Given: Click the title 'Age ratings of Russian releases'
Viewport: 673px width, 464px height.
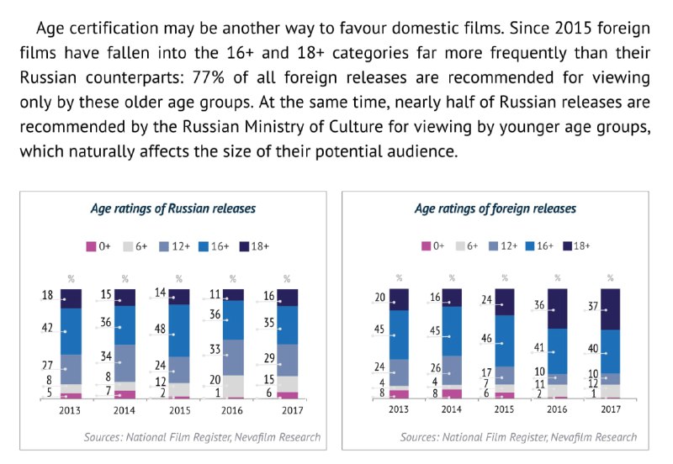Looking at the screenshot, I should [173, 208].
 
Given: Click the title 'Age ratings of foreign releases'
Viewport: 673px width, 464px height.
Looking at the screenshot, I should [495, 208].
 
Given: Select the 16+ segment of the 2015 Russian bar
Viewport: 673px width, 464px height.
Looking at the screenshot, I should [180, 330].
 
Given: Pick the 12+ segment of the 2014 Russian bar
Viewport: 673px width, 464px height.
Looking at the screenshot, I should [125, 363].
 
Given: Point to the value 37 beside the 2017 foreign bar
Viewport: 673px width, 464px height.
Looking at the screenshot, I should [592, 307].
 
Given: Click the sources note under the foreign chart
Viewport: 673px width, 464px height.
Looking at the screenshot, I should [519, 437].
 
